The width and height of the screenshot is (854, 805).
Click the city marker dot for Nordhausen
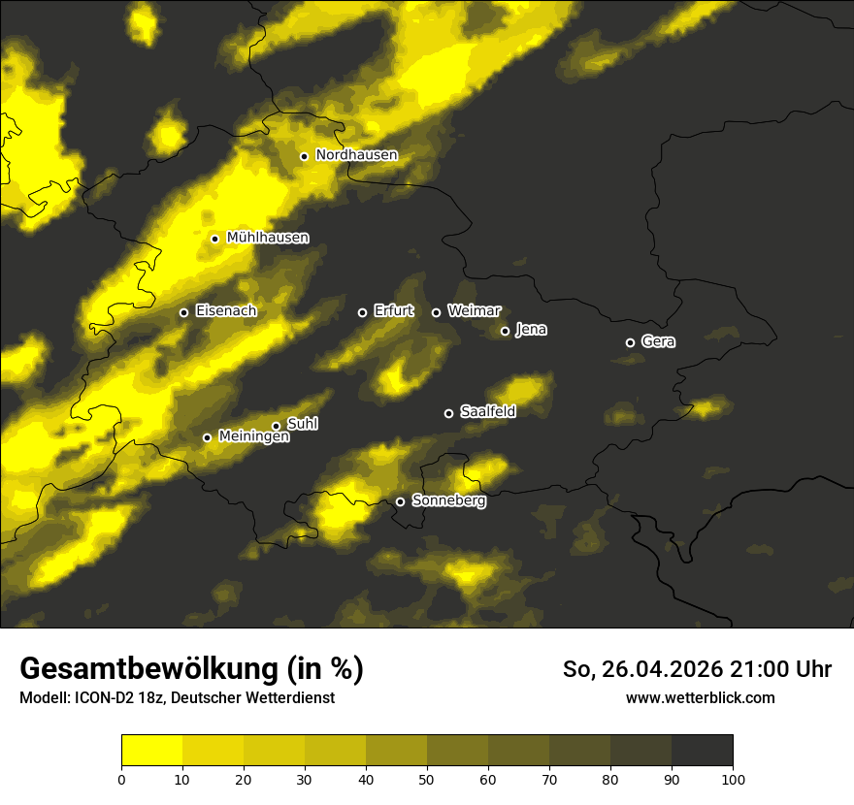tap(304, 156)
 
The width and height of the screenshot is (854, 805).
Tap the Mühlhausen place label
tap(268, 238)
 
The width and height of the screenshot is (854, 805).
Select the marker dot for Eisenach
tap(183, 312)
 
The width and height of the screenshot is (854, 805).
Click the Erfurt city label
tap(393, 311)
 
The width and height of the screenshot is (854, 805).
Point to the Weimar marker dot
tap(436, 312)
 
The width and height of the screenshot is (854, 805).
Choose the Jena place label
tap(531, 330)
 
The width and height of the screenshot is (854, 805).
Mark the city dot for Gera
tap(630, 342)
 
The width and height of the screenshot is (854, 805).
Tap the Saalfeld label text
tap(488, 412)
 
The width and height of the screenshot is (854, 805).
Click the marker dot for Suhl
tap(276, 426)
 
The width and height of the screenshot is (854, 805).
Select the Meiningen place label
tap(254, 437)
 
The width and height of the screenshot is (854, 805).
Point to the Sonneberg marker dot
tap(400, 501)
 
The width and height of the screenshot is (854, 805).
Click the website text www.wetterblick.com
tap(701, 697)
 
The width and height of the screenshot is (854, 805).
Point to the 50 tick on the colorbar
tap(427, 779)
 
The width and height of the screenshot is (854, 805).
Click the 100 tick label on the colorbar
tap(733, 779)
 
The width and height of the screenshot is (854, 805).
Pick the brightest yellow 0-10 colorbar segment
tap(152, 750)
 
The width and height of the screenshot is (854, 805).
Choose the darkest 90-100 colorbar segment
tap(702, 750)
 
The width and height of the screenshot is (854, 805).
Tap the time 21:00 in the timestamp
tap(757, 669)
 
